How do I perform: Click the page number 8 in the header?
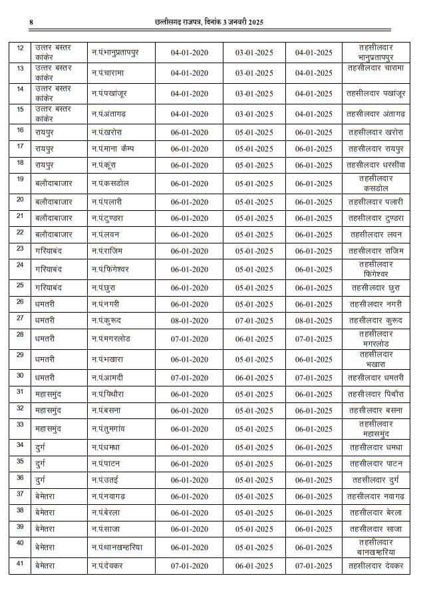point(31,23)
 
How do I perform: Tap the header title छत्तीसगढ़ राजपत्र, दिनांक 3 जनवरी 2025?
point(209,23)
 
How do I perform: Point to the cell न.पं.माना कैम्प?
point(113,148)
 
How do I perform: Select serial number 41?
point(21,563)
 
